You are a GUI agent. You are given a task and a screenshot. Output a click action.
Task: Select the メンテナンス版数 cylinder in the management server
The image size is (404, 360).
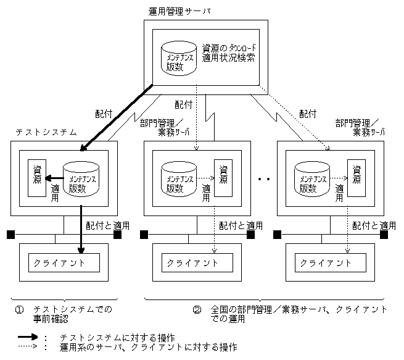(x=179, y=59)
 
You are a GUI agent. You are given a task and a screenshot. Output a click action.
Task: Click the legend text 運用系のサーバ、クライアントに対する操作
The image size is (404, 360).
(x=148, y=348)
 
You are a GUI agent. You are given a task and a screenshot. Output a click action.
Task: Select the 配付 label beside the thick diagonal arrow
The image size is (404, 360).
(x=104, y=114)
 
